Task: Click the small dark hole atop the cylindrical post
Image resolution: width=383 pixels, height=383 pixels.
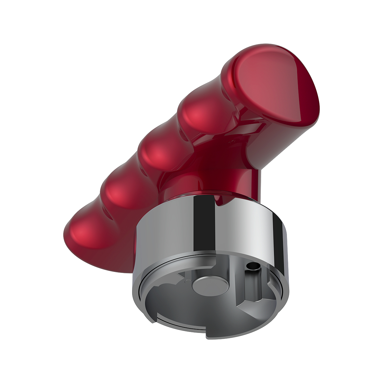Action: click(254, 265)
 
